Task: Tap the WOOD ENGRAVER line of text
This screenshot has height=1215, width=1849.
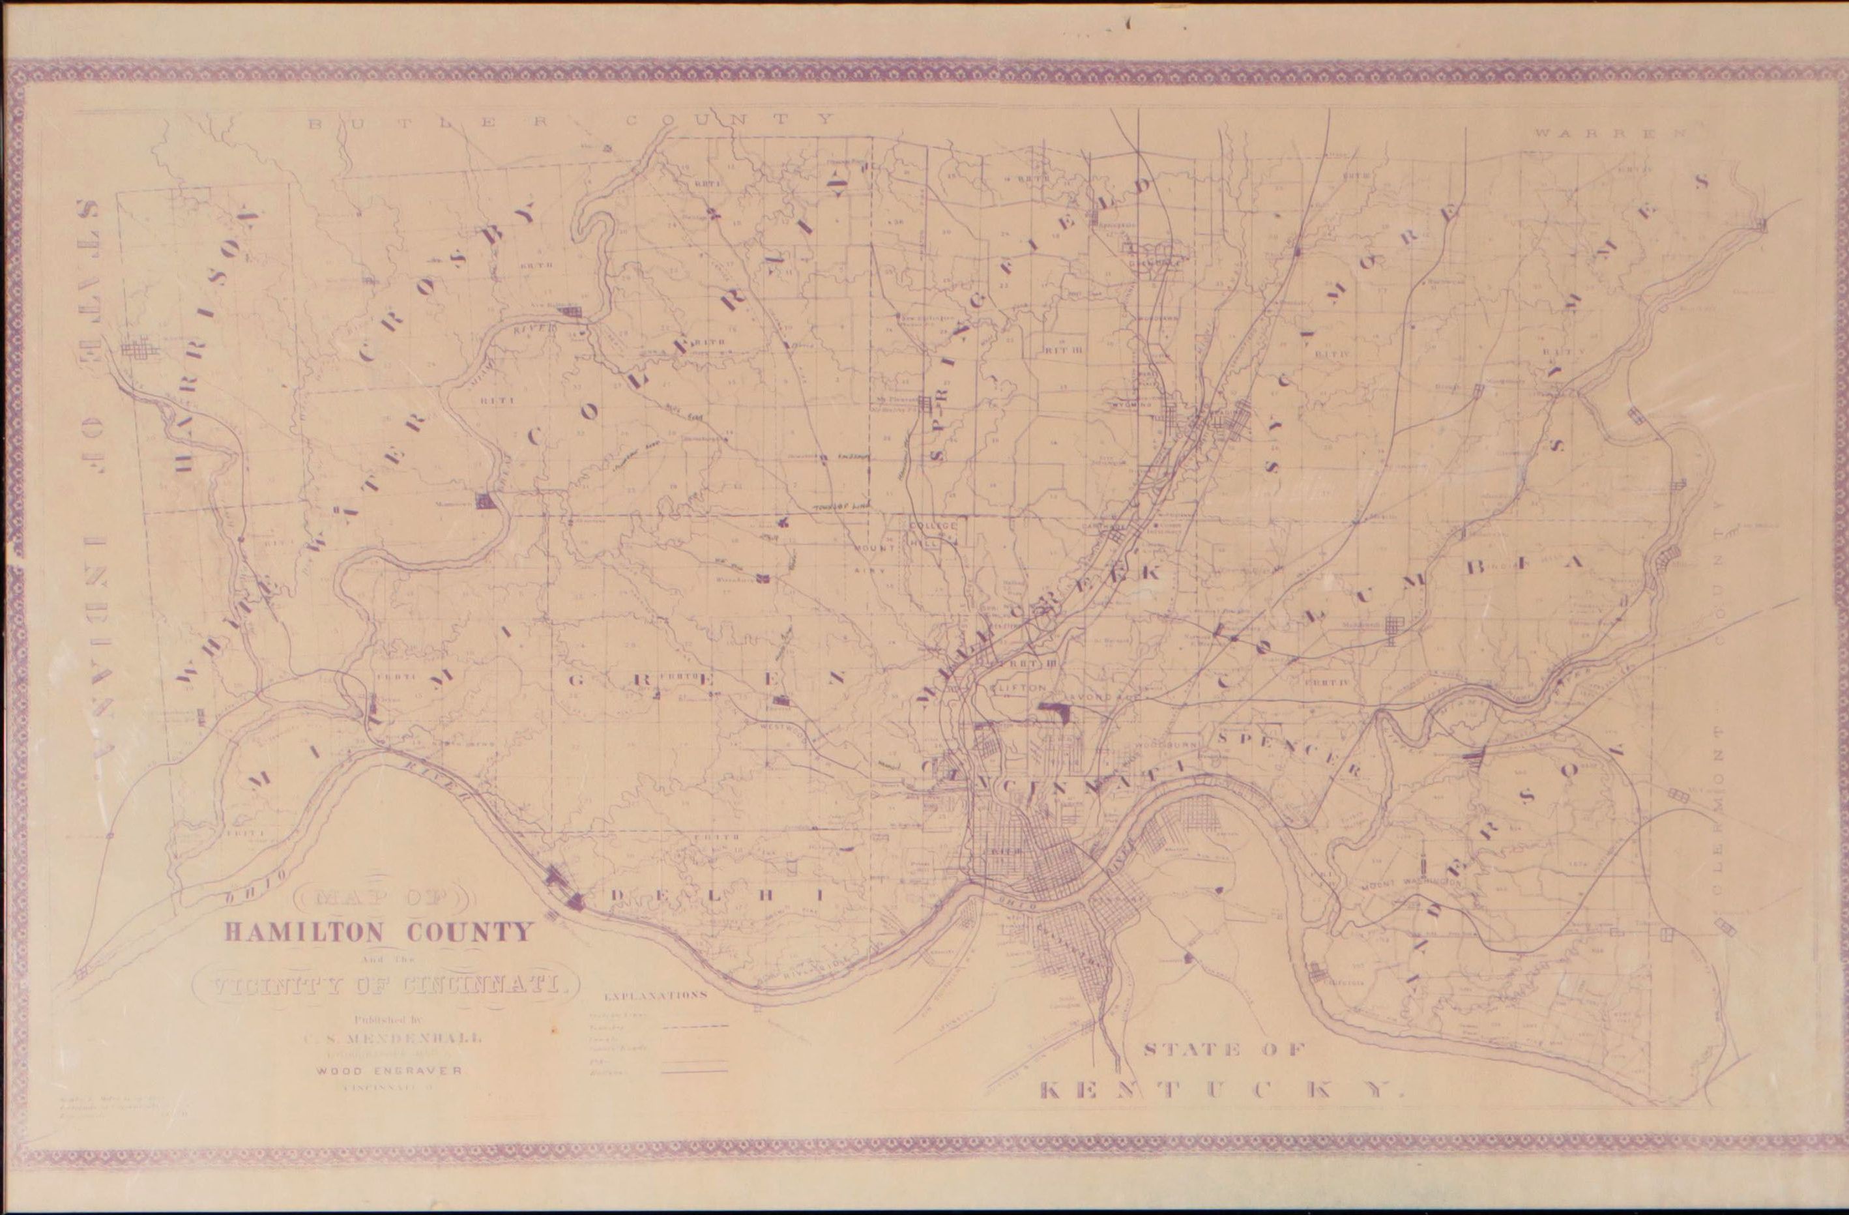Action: point(389,1070)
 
